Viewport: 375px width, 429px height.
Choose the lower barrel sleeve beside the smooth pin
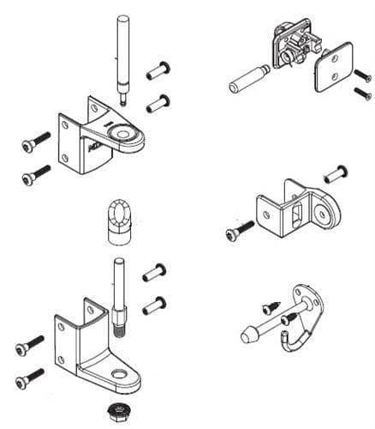pos(156,105)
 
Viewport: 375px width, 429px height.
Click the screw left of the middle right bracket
pos(238,230)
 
